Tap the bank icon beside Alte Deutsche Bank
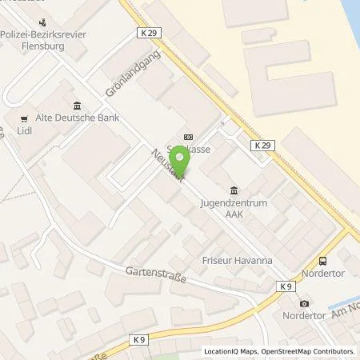[x=76, y=106]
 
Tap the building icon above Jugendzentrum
[x=234, y=190]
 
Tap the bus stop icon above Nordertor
[x=322, y=261]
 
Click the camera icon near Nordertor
[x=304, y=303]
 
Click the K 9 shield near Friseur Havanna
[x=286, y=286]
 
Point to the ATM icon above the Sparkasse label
[x=188, y=137]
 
